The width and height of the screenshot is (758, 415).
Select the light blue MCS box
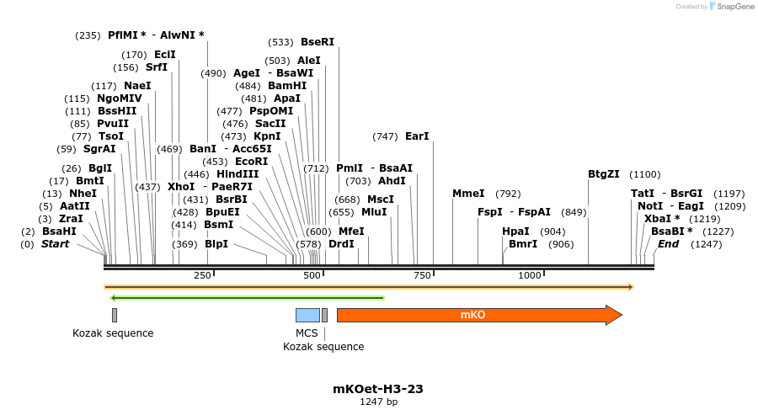click(x=307, y=315)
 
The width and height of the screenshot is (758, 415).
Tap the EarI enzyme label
click(x=417, y=136)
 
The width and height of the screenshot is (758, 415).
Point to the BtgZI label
click(x=603, y=174)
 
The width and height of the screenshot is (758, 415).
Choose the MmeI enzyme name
click(x=468, y=194)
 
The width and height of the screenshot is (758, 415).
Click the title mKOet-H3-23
click(x=378, y=389)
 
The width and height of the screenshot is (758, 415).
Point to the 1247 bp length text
click(x=378, y=402)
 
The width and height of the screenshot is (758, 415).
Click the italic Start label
click(x=56, y=244)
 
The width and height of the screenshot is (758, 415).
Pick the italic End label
click(x=668, y=244)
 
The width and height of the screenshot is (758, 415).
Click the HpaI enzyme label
click(x=515, y=231)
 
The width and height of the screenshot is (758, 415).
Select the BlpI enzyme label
click(x=216, y=244)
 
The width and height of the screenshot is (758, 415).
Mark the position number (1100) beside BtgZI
click(x=645, y=174)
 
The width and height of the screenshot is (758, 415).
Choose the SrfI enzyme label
click(x=156, y=67)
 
